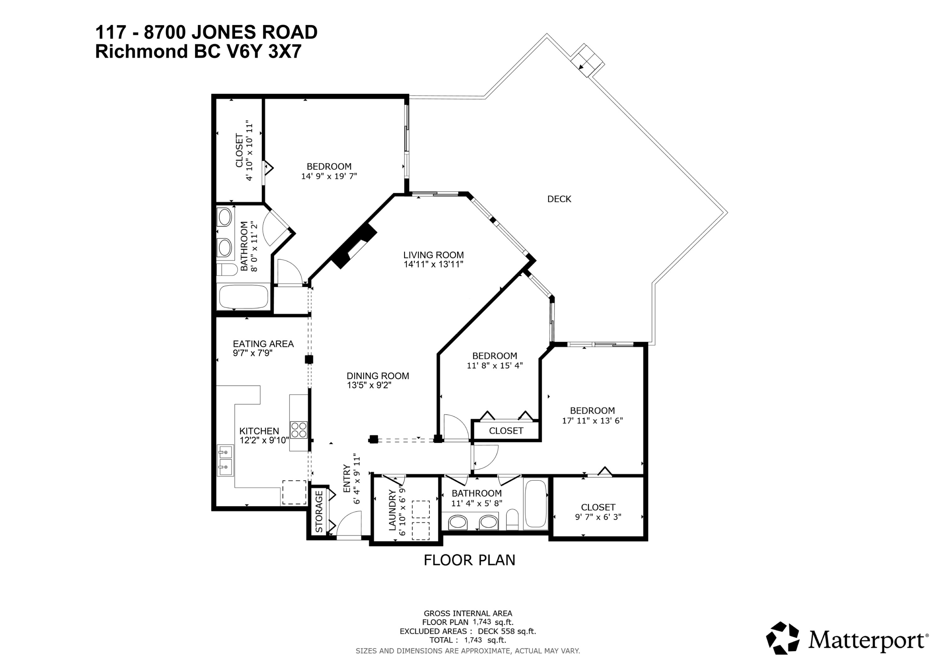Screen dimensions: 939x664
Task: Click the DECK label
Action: pos(559,199)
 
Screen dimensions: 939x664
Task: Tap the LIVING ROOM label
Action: pos(434,255)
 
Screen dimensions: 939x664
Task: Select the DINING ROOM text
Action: pos(378,376)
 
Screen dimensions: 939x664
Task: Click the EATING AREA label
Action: pos(263,344)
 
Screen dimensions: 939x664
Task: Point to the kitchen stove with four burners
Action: pos(299,430)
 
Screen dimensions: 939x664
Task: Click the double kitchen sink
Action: pos(225,460)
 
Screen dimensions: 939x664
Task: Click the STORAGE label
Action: pos(319,512)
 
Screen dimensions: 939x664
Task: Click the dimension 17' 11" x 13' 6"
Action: pos(592,420)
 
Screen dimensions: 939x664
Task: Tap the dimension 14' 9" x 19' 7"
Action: pos(329,176)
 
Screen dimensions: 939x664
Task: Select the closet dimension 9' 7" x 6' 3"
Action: pos(598,517)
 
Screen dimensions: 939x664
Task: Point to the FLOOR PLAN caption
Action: pos(469,560)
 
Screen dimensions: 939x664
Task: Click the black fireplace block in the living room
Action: pos(354,246)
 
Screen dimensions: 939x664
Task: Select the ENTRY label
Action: pos(346,479)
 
